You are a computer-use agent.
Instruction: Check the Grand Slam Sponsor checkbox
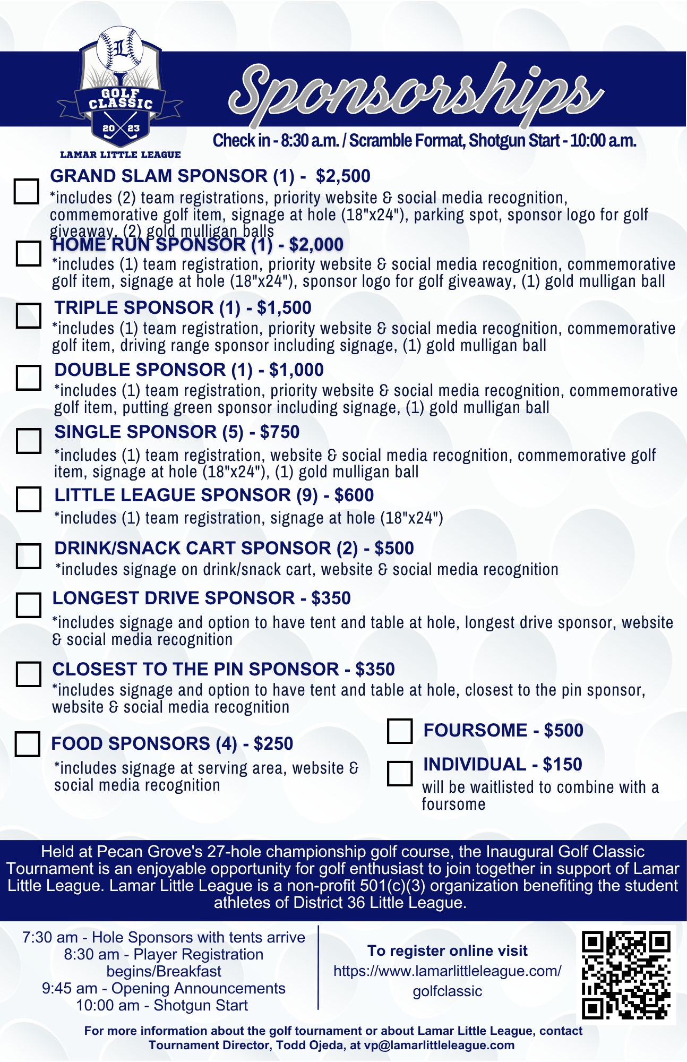tap(26, 191)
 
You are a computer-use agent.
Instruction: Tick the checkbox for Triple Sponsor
tap(28, 315)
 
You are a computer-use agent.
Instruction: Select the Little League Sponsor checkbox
tap(28, 499)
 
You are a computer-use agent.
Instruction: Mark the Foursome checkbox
tap(400, 731)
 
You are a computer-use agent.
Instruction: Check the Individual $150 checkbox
tap(400, 773)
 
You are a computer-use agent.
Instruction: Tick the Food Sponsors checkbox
tap(28, 744)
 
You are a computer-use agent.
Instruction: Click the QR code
tap(626, 974)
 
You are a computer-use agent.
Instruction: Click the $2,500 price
tap(343, 176)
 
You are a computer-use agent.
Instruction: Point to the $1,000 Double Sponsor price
tap(296, 370)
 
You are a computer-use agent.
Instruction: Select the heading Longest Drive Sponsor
tap(173, 598)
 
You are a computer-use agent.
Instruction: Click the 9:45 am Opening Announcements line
tap(164, 988)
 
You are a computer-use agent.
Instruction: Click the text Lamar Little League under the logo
tap(121, 155)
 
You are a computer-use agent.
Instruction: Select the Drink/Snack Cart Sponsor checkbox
tap(28, 556)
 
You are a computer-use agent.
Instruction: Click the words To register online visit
tap(447, 951)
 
